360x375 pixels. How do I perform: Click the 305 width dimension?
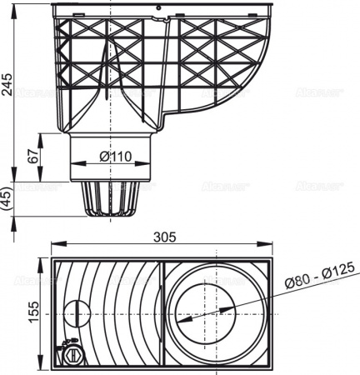164,237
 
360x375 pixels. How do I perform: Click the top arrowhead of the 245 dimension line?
18,7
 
